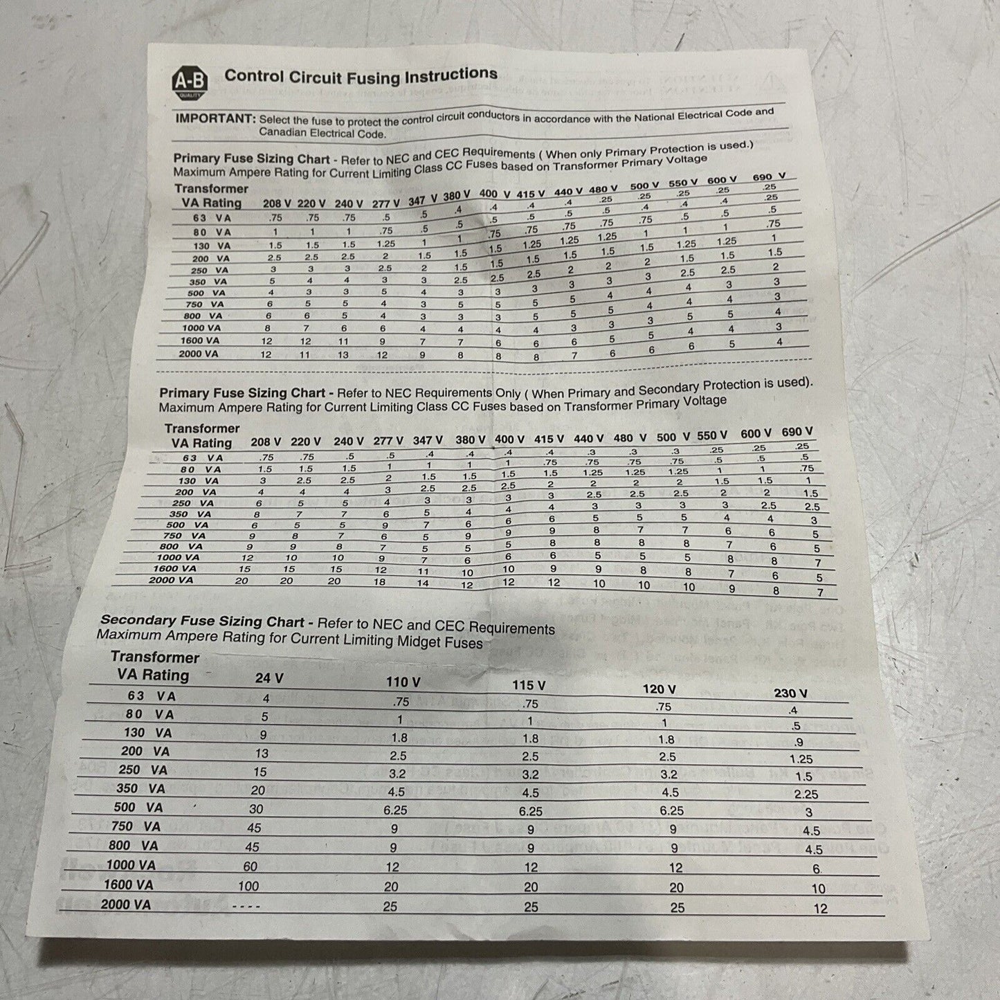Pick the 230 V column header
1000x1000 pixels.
pyautogui.click(x=790, y=693)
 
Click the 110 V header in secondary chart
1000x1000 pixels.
pyautogui.click(x=403, y=682)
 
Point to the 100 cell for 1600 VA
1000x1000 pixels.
pyautogui.click(x=248, y=886)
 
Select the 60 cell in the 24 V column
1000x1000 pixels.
pyautogui.click(x=250, y=866)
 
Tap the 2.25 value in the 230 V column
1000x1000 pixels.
pyautogui.click(x=806, y=795)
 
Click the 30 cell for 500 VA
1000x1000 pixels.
pyautogui.click(x=255, y=809)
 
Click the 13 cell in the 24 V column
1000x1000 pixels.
pyautogui.click(x=261, y=753)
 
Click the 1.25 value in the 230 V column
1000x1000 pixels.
pyautogui.click(x=801, y=759)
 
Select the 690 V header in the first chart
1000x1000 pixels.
pyautogui.click(x=769, y=177)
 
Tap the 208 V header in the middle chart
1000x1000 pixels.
pyautogui.click(x=266, y=442)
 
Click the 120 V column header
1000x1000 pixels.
pyautogui.click(x=659, y=689)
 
